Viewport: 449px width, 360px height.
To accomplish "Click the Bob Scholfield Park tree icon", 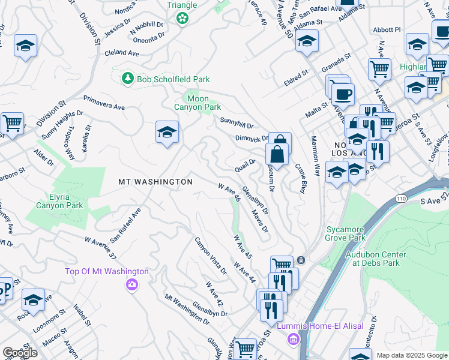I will tap(127, 79).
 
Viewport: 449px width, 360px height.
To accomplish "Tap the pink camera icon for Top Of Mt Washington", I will tap(131, 284).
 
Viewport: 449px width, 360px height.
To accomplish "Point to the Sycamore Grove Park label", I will tap(346, 233).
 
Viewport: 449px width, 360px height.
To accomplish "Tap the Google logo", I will tap(20, 353).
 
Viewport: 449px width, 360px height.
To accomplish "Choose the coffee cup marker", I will tap(343, 94).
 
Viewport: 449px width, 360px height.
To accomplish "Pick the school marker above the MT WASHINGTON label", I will tap(167, 133).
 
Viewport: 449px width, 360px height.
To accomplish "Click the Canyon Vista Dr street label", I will tap(210, 255).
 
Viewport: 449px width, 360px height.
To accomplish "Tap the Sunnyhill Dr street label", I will tap(237, 122).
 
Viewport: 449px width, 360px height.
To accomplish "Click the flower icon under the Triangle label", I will tap(182, 19).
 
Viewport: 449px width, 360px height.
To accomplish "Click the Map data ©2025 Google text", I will tap(412, 355).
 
